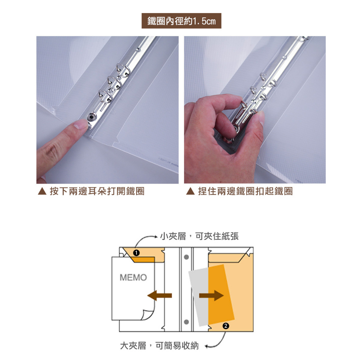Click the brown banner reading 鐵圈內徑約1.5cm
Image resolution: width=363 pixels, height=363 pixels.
[x=181, y=21]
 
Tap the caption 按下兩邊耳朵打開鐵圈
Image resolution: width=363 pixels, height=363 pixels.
[x=97, y=191]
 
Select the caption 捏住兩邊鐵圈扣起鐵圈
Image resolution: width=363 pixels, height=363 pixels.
[x=245, y=191]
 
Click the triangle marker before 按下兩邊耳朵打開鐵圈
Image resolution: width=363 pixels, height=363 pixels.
[x=42, y=191]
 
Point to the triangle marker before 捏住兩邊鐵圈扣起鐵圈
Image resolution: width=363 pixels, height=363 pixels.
[x=190, y=191]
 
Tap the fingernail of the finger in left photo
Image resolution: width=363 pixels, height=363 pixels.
[x=80, y=125]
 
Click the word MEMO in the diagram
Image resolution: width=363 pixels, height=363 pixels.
[x=133, y=277]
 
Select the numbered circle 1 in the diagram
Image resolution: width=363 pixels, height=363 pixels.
[x=136, y=253]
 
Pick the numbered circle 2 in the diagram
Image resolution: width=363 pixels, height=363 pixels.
[x=226, y=326]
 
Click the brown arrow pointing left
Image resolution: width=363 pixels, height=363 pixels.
[x=160, y=295]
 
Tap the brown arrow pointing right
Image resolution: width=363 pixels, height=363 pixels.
[x=211, y=295]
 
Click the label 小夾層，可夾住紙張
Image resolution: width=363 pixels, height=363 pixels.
[x=199, y=236]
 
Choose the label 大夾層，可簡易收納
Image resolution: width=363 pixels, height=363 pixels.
[x=160, y=346]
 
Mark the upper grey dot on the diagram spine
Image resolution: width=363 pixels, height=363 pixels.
[x=186, y=257]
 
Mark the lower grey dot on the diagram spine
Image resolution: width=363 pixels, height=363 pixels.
[x=186, y=322]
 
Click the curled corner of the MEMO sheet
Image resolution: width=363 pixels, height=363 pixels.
[x=147, y=315]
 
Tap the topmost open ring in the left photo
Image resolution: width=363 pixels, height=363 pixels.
[x=123, y=69]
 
